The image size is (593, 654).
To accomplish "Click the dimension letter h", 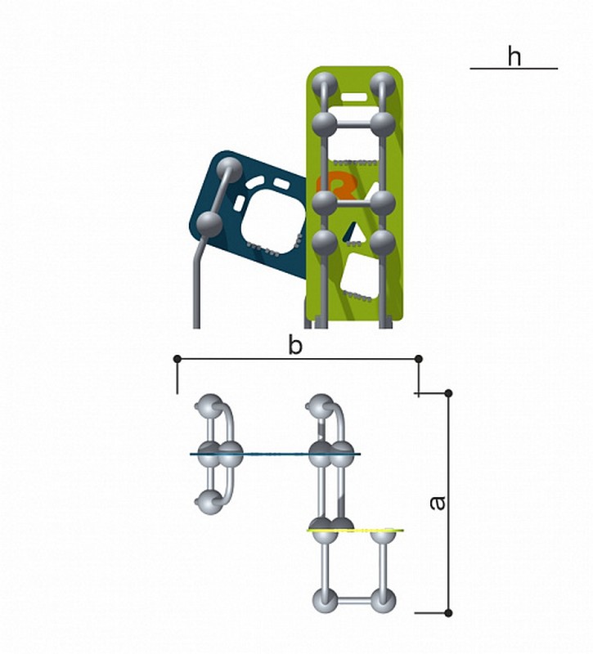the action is pos(514,56).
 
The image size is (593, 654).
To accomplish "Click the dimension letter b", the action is pos(295,346).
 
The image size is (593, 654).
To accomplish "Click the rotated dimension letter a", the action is pos(438,503).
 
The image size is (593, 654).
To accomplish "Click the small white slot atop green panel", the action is pos(354,97).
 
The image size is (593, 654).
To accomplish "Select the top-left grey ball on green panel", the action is pos(324,84).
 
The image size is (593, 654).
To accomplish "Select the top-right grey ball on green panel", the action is pos(382,84).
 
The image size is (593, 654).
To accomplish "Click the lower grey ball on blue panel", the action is pos(209,224).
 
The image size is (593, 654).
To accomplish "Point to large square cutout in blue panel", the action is pos(272,221).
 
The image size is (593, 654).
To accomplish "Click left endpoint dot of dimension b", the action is pos(177,359).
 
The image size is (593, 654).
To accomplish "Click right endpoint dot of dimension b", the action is pos(419,359).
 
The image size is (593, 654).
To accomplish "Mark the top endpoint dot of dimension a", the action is pos(448,393).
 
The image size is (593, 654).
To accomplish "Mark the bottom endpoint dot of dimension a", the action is pos(448,613).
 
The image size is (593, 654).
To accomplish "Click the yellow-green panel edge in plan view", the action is pos(355,531).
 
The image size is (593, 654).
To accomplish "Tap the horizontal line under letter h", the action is pos(514,69).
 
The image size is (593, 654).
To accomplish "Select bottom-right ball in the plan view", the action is pos(383,601).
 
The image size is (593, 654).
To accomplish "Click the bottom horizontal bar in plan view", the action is pos(354,601).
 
